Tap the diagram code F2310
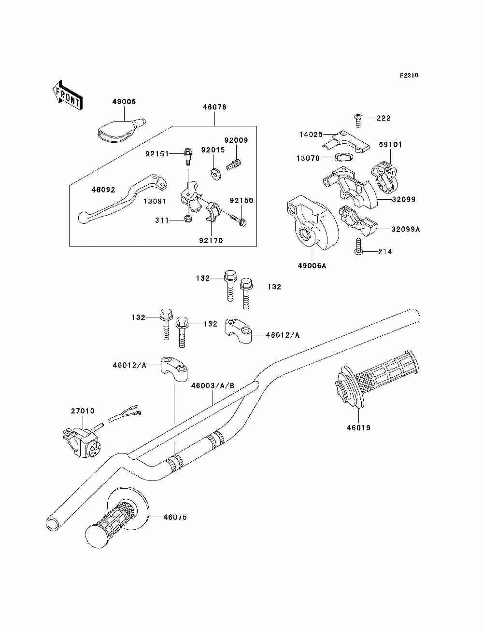coord(409,75)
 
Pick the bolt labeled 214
coord(357,251)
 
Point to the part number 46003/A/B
coord(213,385)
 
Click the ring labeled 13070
coord(343,157)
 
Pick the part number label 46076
coord(216,107)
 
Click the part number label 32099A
coord(405,229)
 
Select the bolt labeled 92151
coord(188,153)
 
